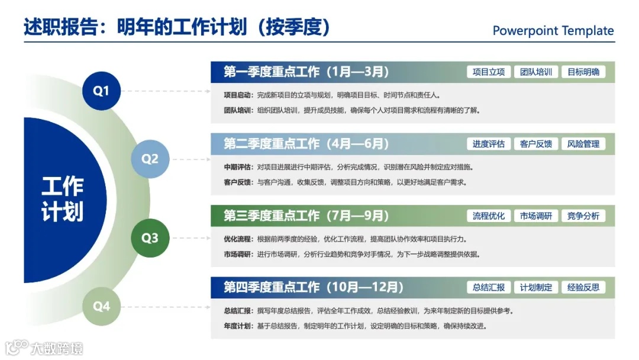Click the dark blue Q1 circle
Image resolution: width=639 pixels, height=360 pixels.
102,91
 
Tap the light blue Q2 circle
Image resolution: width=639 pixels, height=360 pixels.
150,159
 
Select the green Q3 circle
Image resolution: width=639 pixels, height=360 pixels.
150,238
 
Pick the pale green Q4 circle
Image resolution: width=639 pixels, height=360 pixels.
102,306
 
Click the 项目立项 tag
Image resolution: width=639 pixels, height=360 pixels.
489,72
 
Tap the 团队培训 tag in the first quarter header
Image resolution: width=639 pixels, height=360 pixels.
536,72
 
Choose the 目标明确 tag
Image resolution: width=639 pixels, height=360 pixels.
583,72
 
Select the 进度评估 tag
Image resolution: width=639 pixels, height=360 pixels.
489,144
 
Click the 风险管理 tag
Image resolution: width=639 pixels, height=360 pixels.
583,144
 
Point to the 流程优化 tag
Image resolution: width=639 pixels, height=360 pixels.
489,216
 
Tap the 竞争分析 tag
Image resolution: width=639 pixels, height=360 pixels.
583,216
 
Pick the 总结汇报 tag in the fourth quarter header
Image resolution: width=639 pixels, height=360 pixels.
489,288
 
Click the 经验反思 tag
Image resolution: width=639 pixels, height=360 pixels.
583,288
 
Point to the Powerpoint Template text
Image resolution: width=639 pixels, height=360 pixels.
553,31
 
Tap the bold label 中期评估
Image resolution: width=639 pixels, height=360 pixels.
238,166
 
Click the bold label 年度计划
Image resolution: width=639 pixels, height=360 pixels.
238,326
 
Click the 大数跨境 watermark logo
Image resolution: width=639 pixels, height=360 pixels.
44,347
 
